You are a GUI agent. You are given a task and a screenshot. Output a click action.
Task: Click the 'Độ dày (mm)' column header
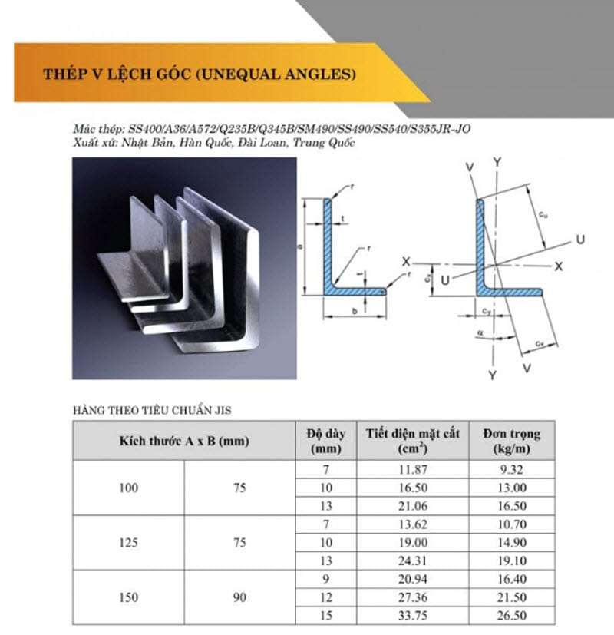325,440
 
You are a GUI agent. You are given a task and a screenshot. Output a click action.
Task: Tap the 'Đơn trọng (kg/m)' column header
511,440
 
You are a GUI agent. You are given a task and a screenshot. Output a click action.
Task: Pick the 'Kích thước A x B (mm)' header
183,441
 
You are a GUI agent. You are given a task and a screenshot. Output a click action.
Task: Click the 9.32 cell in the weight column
511,470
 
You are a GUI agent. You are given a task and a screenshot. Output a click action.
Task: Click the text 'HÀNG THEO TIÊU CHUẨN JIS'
152,411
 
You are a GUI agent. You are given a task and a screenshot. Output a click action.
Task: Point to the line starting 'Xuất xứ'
215,143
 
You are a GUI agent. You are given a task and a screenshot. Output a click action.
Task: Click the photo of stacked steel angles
184,268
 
